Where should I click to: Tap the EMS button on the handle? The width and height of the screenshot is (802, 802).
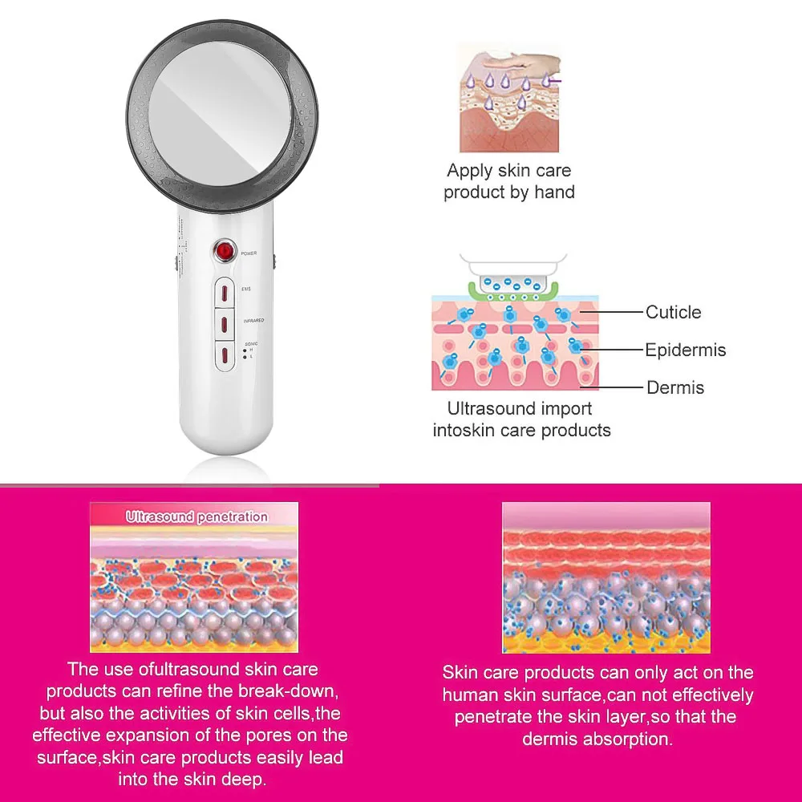coord(225,291)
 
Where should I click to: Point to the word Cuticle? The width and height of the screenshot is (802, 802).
coord(673,313)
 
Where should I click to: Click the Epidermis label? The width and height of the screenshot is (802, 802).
coord(685,350)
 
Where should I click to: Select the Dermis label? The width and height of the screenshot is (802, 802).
coord(675,388)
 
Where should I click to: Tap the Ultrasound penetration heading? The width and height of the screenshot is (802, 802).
coord(196,517)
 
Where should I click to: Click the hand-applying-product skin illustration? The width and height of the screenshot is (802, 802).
coord(509,98)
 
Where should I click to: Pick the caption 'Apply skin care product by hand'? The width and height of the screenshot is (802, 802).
coord(509,181)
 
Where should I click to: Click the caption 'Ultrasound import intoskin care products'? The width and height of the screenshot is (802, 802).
coord(521,419)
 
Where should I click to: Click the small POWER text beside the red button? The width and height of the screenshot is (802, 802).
coord(249,253)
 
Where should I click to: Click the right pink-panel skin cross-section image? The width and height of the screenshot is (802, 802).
coord(606,578)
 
